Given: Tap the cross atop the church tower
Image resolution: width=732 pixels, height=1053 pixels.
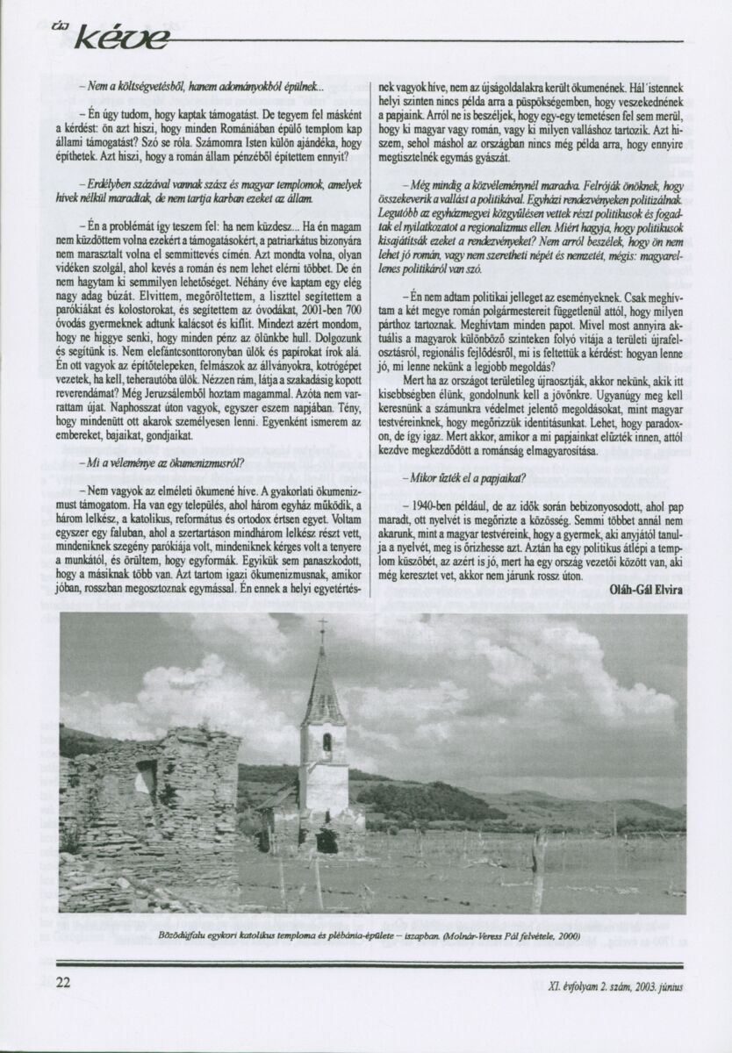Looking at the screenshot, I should (322, 628).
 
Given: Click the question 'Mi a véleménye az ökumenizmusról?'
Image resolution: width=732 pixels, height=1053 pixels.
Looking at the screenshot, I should (169, 462).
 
